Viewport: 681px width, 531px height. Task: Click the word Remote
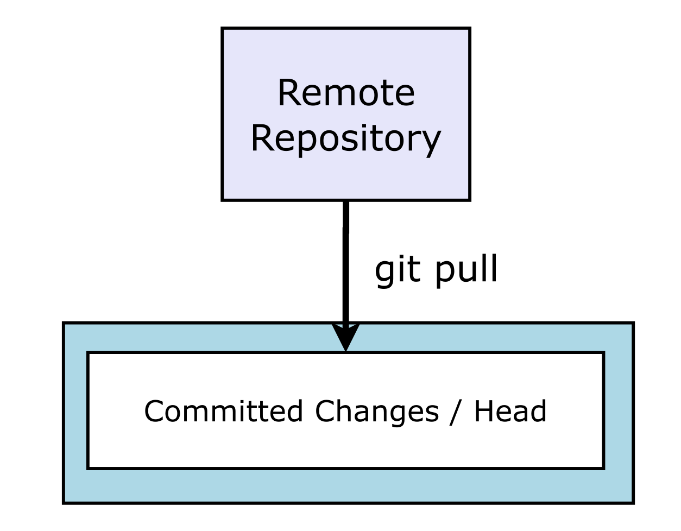(x=346, y=93)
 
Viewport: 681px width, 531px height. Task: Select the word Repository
(x=345, y=138)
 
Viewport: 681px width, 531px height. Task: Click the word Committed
(x=223, y=411)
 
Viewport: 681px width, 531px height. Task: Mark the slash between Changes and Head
(x=456, y=411)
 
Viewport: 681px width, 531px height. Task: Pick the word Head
(x=510, y=411)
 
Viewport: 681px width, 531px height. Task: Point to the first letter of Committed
(x=154, y=411)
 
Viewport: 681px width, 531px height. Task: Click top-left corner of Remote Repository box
(x=223, y=29)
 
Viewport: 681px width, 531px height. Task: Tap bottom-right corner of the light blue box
(x=633, y=502)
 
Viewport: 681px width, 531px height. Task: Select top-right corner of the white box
(x=603, y=353)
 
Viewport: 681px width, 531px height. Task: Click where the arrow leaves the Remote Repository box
(x=345, y=201)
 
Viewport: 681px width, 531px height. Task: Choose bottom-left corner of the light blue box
(x=65, y=502)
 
